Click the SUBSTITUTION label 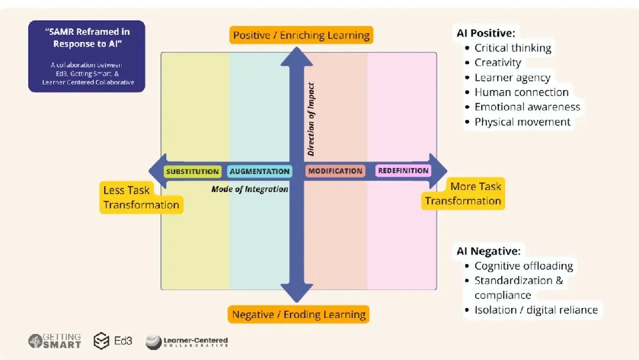coord(192,172)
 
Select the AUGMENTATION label coord(260,172)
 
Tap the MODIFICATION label coord(335,171)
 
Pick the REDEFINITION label coord(403,171)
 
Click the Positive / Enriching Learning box coord(301,35)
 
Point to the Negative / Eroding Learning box coord(299,314)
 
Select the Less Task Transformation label coord(141,198)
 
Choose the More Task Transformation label coord(463,194)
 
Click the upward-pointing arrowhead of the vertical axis coord(296,57)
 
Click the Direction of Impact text coord(311,118)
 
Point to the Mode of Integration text coord(250,189)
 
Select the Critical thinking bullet coord(512,48)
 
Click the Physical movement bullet coord(522,122)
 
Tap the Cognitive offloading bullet coord(523,266)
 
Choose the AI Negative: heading coord(488,251)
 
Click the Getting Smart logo coord(54,341)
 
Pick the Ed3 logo coord(113,341)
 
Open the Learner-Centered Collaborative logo coord(186,342)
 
